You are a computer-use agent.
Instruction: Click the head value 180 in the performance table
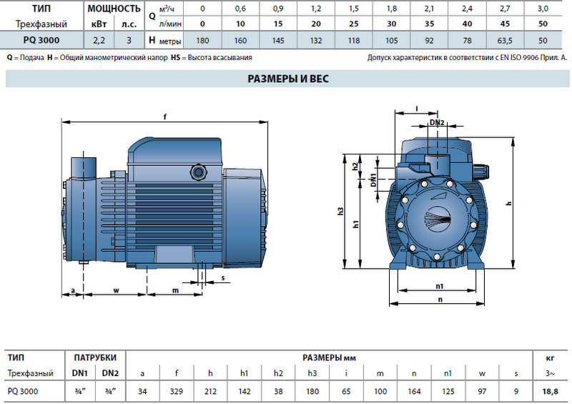click(202, 41)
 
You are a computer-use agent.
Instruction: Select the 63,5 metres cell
click(505, 41)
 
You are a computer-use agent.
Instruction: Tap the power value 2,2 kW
click(99, 41)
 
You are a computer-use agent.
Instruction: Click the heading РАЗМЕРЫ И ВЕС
click(288, 79)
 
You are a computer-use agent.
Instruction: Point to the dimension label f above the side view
click(165, 117)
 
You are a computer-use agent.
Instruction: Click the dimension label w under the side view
click(116, 290)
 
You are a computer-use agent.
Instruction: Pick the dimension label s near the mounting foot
click(223, 277)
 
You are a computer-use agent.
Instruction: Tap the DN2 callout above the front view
click(437, 122)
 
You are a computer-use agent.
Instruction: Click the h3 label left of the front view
click(340, 211)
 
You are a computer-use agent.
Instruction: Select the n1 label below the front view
click(439, 286)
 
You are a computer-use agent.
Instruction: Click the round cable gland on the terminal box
click(198, 172)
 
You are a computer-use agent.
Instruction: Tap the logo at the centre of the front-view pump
click(438, 219)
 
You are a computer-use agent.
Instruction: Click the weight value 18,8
click(550, 391)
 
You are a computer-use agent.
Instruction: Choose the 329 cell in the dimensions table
click(177, 391)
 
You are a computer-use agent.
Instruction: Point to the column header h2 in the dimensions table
click(278, 373)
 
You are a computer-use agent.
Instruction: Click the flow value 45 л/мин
click(505, 24)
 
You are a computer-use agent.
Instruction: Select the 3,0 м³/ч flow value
click(543, 9)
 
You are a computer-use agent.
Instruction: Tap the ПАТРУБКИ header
click(95, 358)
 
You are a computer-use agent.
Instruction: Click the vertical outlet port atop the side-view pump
click(84, 169)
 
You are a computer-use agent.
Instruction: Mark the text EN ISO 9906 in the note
click(522, 57)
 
